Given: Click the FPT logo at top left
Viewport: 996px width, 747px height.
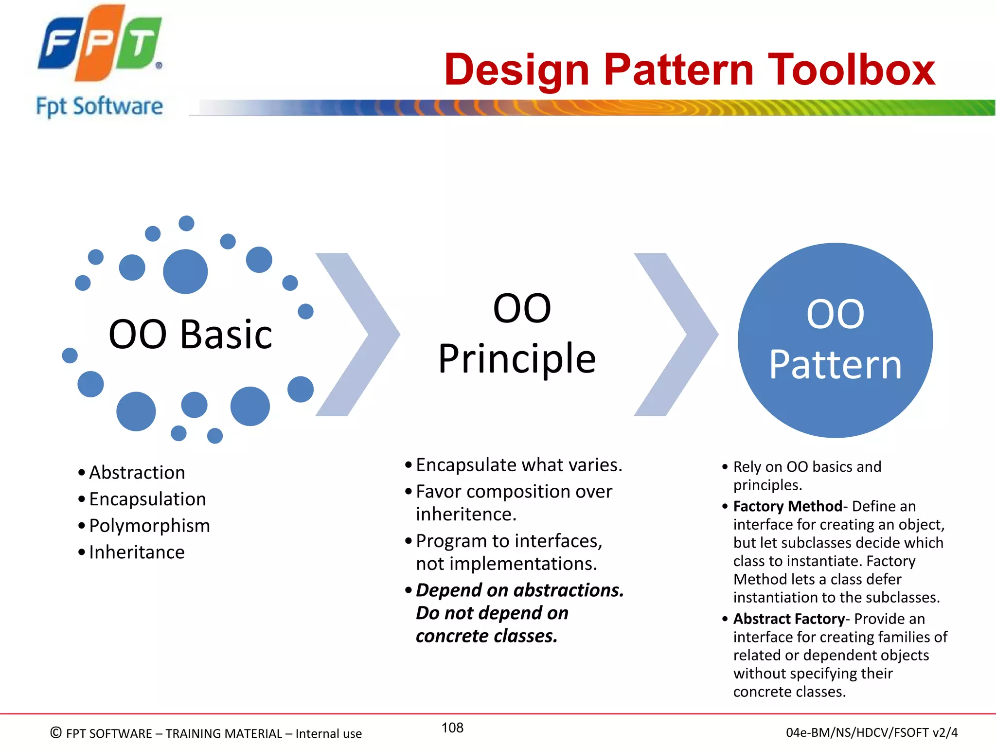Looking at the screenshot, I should pos(100,44).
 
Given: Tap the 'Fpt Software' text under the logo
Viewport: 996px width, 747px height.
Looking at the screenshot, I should pos(100,106).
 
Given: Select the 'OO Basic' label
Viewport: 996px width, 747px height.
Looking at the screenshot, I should pos(190,335).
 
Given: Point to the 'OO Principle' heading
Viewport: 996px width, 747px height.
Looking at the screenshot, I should pos(517,334).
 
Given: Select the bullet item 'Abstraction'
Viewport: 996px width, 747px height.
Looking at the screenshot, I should pos(137,473).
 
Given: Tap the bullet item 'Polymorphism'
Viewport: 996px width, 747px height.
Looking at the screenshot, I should pos(149,526).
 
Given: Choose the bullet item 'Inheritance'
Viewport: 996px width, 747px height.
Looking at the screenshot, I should pos(137,552).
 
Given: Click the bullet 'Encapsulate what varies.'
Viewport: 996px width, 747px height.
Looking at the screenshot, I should pos(518,465).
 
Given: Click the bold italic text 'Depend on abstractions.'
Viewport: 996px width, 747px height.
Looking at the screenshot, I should pos(519,590).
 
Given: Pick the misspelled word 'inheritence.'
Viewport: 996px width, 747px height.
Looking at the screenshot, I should pos(466,514).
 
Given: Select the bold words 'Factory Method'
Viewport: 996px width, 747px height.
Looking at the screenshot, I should pos(787,506).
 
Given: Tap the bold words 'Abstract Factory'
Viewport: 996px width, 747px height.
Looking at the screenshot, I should pos(789,619).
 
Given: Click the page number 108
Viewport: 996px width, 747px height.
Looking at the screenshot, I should pos(452,728).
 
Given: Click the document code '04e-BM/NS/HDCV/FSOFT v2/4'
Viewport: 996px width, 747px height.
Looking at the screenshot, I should pos(871,732).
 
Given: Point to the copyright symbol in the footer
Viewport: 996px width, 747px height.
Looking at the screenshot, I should pos(56,732).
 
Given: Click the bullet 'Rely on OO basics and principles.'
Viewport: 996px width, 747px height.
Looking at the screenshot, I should pos(807,475).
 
